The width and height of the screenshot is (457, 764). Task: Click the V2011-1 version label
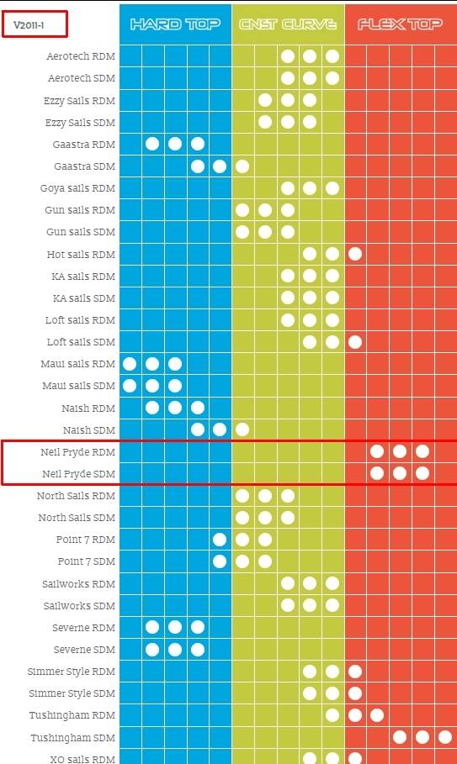[29, 25]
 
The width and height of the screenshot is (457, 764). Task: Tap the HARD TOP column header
[175, 24]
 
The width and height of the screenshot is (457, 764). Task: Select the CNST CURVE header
[288, 24]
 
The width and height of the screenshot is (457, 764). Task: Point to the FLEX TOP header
[400, 24]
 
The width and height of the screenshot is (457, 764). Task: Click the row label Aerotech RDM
[81, 56]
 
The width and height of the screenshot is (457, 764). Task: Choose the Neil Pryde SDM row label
[78, 473]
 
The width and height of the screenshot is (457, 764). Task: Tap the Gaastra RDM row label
[84, 145]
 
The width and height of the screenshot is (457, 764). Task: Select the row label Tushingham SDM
[73, 738]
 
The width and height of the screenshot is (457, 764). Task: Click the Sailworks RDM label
[79, 584]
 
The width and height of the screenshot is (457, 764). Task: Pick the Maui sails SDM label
[78, 386]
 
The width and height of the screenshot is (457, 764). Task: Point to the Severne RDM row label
[84, 628]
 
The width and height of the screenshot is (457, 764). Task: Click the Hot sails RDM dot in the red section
[355, 254]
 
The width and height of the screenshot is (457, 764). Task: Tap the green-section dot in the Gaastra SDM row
[242, 166]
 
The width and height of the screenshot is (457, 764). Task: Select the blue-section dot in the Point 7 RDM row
[220, 540]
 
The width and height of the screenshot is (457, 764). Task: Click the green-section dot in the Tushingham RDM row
[332, 715]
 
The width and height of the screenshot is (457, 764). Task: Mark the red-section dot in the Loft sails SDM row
[355, 342]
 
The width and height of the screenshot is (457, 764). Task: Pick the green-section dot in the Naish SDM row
[242, 429]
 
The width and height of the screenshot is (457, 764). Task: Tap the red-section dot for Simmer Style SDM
[355, 693]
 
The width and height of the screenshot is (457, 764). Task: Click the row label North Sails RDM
[76, 496]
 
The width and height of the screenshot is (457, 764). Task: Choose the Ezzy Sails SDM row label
[80, 123]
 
